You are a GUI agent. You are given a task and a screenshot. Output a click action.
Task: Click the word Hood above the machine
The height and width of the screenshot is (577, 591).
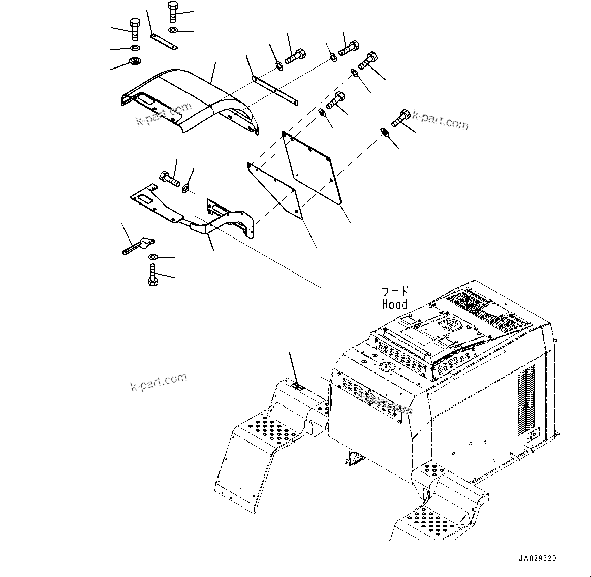[394, 304]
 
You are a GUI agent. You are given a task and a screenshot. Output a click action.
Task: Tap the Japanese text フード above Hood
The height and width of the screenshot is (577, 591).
[395, 291]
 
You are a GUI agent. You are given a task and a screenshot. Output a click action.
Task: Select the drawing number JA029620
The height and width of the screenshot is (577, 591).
[538, 558]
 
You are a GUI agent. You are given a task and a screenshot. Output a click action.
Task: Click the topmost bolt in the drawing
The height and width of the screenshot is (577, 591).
[172, 11]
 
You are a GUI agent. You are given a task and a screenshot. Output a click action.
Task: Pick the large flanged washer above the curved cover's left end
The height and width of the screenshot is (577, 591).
[135, 62]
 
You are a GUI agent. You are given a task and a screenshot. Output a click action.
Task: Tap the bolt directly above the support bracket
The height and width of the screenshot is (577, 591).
[169, 178]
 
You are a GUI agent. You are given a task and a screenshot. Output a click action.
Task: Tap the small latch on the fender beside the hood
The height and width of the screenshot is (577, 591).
[299, 387]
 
